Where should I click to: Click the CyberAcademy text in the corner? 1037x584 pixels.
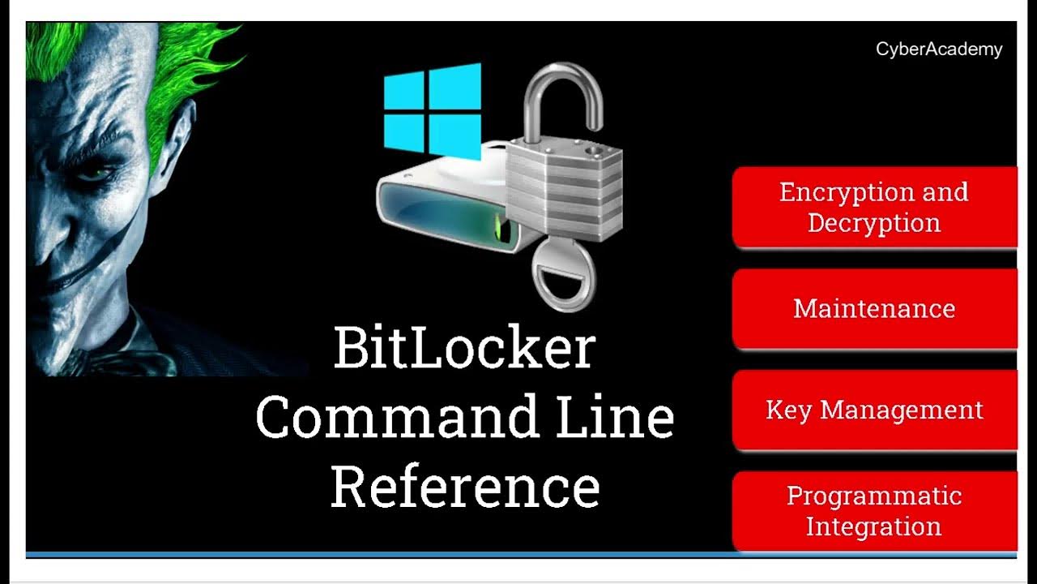pyautogui.click(x=939, y=49)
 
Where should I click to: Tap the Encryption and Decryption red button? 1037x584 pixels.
pyautogui.click(x=874, y=207)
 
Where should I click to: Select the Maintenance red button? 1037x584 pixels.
pyautogui.click(x=874, y=309)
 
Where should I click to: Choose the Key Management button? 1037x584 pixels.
pyautogui.click(x=874, y=410)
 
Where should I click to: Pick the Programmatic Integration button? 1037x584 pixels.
pyautogui.click(x=874, y=511)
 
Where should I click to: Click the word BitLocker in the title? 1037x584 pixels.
pyautogui.click(x=464, y=349)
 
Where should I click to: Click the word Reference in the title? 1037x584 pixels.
pyautogui.click(x=464, y=486)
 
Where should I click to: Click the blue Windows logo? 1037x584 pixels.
pyautogui.click(x=432, y=109)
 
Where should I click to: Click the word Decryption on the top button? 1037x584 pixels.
pyautogui.click(x=874, y=223)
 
